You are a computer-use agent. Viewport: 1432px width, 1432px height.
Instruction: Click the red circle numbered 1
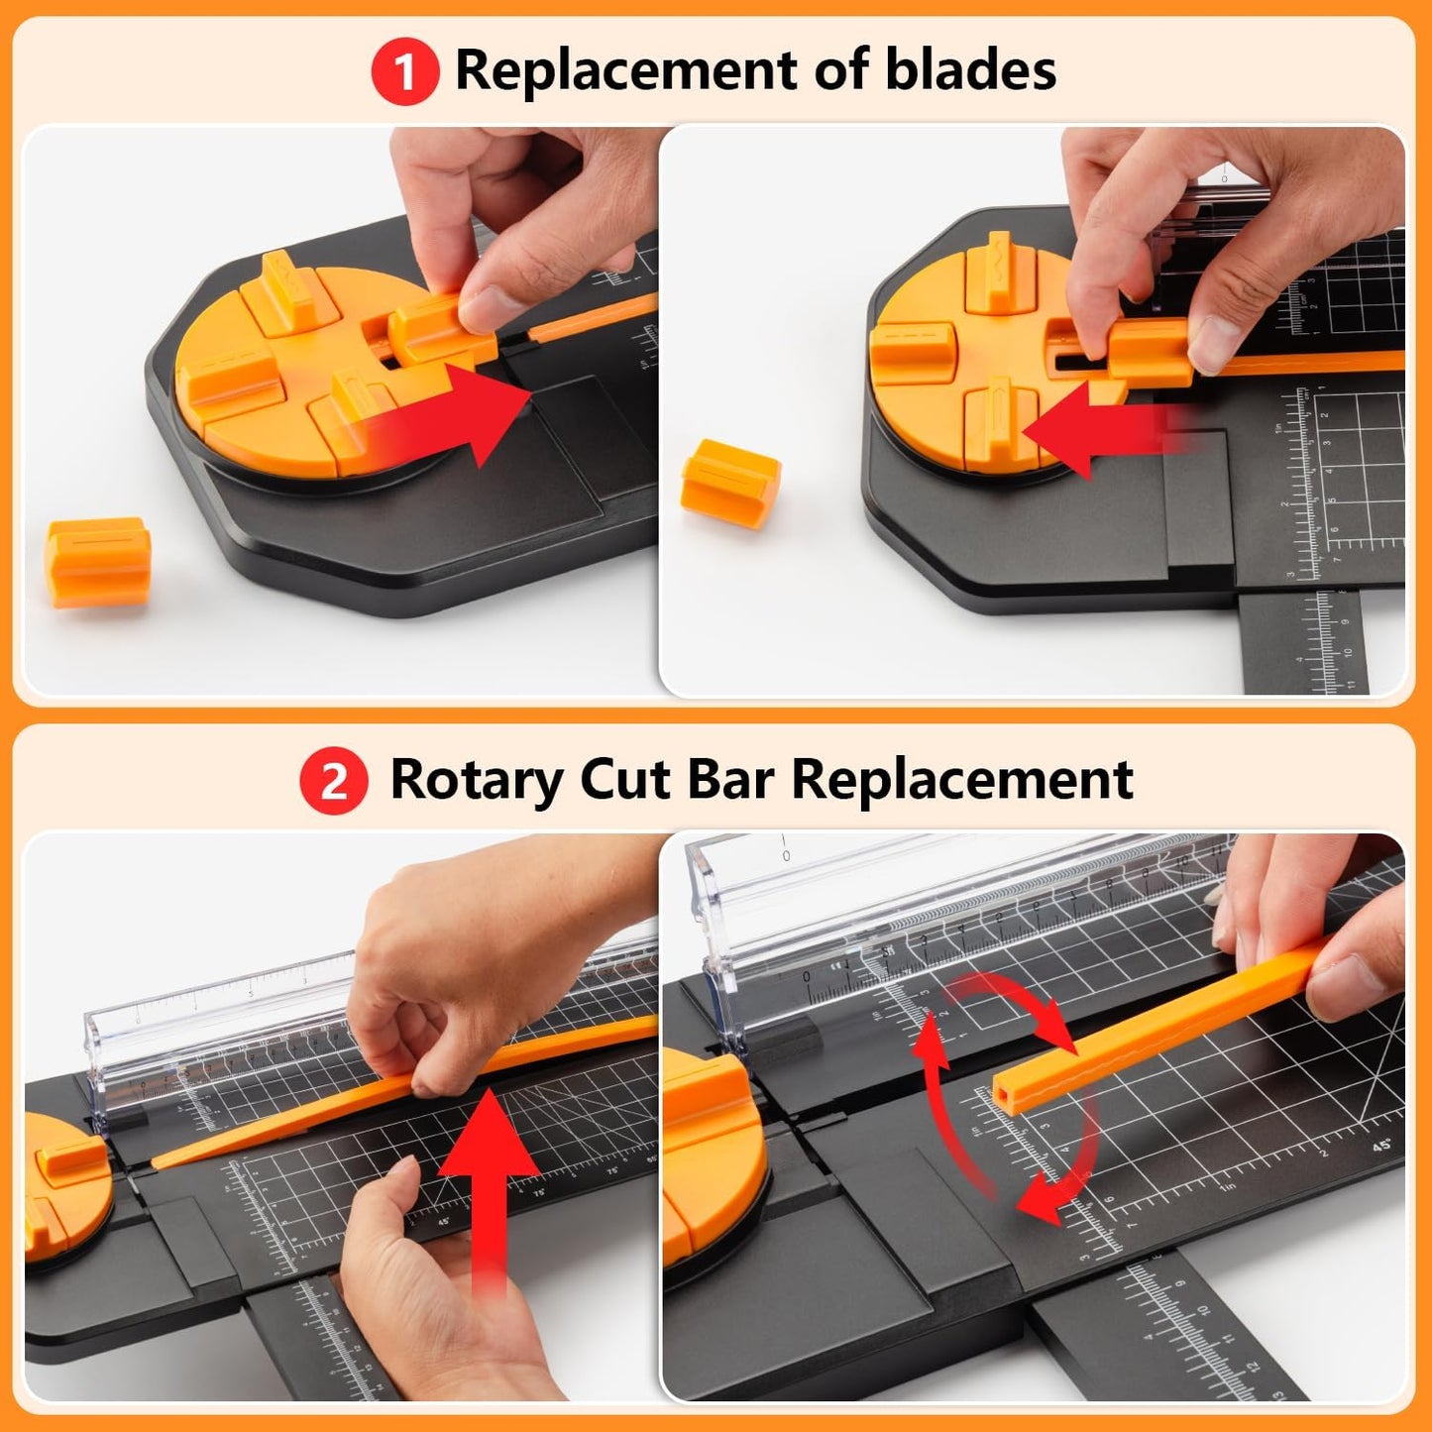point(404,71)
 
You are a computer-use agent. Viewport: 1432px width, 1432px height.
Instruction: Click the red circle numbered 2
point(334,781)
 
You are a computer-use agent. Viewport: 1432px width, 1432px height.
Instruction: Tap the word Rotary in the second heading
point(476,781)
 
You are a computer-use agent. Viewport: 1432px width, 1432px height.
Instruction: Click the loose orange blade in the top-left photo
point(98,561)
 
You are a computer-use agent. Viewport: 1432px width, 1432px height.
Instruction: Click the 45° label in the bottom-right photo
point(1381,1146)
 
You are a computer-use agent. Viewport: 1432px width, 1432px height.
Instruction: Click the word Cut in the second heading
point(624,781)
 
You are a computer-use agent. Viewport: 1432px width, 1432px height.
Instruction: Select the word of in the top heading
point(840,70)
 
